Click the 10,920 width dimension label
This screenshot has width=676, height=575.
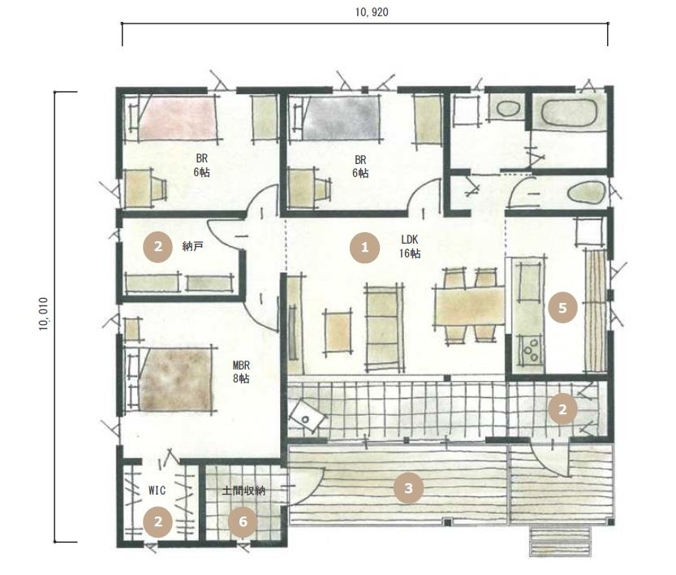click(x=372, y=12)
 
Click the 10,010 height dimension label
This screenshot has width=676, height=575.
click(x=44, y=314)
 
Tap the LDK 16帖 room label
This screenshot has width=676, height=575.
click(x=410, y=246)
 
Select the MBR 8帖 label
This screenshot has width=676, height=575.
click(x=241, y=372)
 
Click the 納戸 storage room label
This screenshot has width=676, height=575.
click(x=192, y=247)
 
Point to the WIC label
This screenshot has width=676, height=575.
click(x=157, y=491)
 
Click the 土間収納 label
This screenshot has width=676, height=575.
click(x=243, y=491)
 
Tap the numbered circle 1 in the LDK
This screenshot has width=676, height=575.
click(x=364, y=248)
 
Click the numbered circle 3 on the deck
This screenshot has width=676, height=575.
click(x=408, y=488)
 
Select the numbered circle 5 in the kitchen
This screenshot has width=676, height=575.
click(x=562, y=308)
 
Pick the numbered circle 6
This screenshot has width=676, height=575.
click(x=243, y=522)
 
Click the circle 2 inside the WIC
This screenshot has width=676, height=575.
click(x=158, y=522)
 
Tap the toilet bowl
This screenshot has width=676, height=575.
click(x=586, y=192)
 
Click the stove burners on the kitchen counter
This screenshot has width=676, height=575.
click(x=531, y=350)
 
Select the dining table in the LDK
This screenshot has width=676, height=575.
click(x=470, y=306)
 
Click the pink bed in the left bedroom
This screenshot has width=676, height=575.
click(x=177, y=119)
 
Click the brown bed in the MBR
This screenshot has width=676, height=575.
click(x=176, y=379)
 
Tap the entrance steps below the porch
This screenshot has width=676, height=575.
click(x=560, y=541)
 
